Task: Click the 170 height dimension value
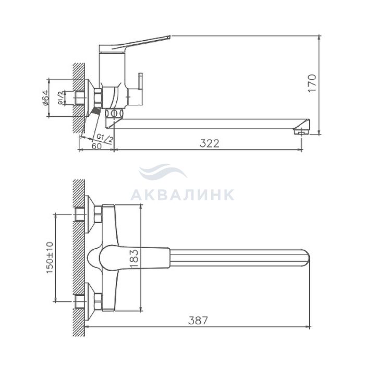click(312, 83)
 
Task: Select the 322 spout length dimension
click(210, 143)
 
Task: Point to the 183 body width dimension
click(135, 259)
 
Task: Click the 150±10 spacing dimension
click(50, 258)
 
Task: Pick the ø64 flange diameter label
click(46, 98)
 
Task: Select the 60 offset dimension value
click(96, 146)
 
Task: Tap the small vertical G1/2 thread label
click(60, 98)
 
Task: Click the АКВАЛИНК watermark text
click(182, 194)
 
